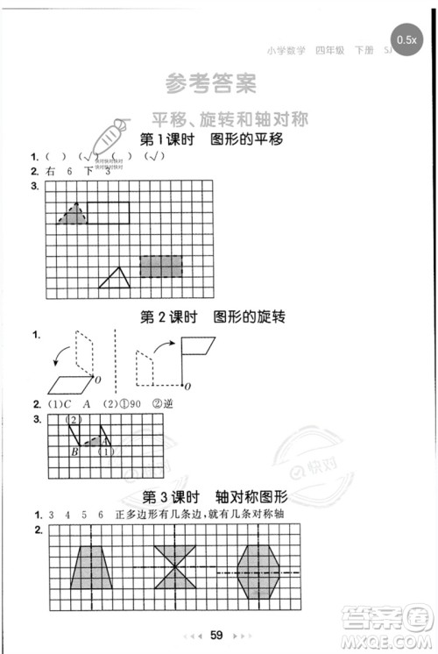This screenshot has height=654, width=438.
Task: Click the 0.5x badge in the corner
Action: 406,39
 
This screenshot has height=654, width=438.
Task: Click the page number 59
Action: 219,636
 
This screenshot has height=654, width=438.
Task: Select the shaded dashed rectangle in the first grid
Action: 160,267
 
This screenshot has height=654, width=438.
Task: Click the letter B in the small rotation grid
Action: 74,452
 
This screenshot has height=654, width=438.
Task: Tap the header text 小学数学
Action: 283,52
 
